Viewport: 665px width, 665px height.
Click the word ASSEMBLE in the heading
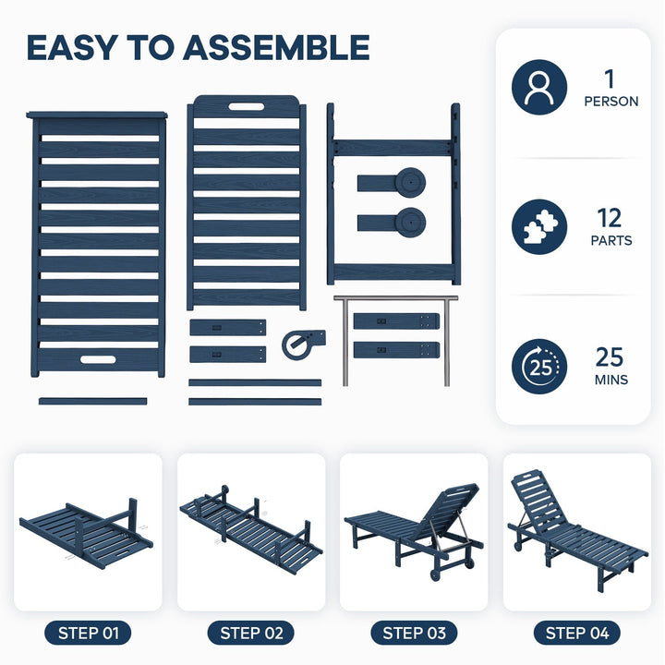[x=276, y=47]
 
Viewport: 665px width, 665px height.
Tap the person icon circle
[x=539, y=87]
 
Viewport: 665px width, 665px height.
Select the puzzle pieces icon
[x=539, y=227]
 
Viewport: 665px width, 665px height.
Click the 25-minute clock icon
[x=539, y=367]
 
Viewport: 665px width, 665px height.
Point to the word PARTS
[x=611, y=240]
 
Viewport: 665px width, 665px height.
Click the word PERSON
[x=611, y=102]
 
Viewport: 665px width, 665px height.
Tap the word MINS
[x=611, y=380]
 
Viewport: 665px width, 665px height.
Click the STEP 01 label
[x=89, y=634]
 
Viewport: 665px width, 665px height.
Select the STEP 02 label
[x=251, y=634]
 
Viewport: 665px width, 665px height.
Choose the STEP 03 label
[x=414, y=634]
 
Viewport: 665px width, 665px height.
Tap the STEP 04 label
[x=576, y=634]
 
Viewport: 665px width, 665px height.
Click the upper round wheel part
[x=410, y=182]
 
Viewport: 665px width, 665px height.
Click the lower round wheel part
[x=410, y=223]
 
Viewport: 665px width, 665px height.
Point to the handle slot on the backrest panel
[x=247, y=106]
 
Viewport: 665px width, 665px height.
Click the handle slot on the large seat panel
[x=98, y=359]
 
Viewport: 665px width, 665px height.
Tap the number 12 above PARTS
[x=610, y=218]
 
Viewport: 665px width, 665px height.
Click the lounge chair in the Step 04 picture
[x=577, y=531]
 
